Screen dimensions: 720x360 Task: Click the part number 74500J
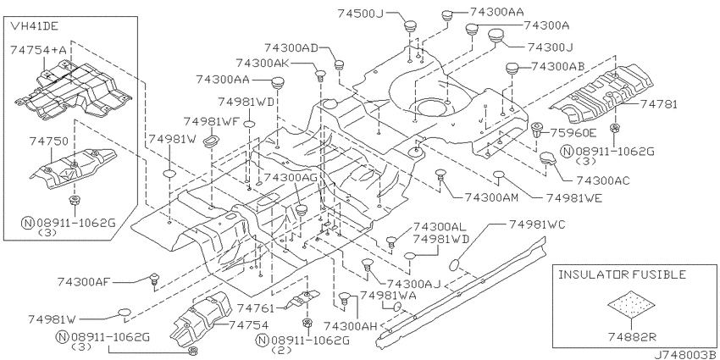tap(360, 14)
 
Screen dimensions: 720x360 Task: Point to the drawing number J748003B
tap(686, 354)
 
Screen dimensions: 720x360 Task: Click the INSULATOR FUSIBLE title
tap(623, 274)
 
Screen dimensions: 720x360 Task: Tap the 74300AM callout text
tap(491, 197)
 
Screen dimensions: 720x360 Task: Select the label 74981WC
tap(536, 224)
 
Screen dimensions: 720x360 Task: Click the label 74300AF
tap(85, 280)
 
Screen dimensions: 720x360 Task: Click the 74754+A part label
tap(37, 50)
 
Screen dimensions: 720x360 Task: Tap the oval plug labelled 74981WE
tap(499, 174)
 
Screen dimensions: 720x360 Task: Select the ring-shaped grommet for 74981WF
tap(211, 140)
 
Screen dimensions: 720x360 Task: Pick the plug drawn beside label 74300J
tap(495, 35)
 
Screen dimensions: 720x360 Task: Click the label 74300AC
tap(602, 180)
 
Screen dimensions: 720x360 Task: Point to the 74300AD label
tap(291, 47)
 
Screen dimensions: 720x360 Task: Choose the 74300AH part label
tap(351, 326)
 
